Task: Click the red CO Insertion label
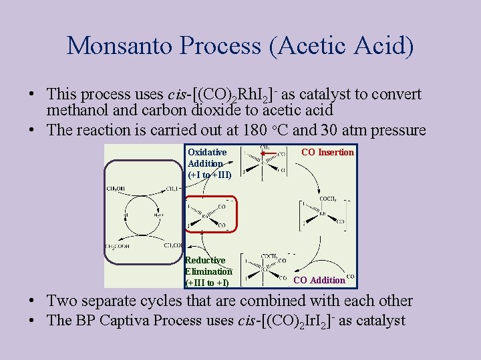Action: (x=327, y=152)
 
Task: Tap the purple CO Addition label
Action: (x=319, y=280)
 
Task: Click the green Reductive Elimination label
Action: (x=208, y=271)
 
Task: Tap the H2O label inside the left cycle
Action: (x=158, y=215)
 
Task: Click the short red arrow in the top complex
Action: (x=269, y=154)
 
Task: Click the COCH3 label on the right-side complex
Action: (x=328, y=198)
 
